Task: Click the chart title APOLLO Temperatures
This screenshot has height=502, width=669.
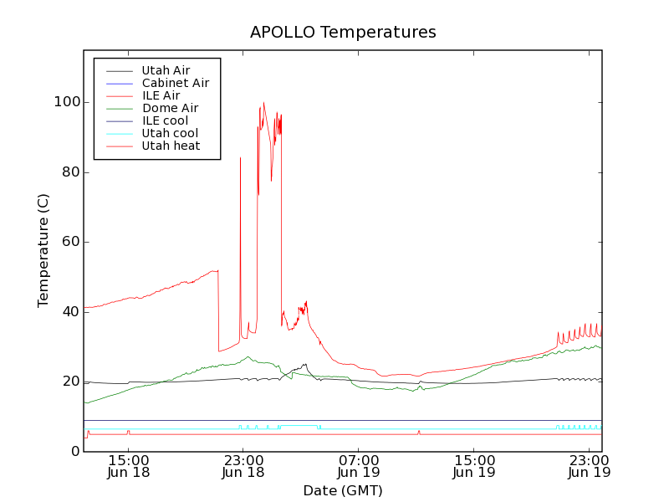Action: click(343, 33)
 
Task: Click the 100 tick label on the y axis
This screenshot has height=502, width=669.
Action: click(67, 102)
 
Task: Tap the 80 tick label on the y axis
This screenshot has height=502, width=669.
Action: click(70, 172)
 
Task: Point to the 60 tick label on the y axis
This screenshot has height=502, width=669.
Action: click(70, 242)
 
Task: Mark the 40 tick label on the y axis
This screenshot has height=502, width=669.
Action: click(70, 311)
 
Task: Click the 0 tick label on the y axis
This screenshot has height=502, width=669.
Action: click(74, 451)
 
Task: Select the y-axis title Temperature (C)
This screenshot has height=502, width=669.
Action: click(43, 251)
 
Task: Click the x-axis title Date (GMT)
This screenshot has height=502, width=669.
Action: click(343, 490)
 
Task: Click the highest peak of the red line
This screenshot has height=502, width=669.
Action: click(263, 103)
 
